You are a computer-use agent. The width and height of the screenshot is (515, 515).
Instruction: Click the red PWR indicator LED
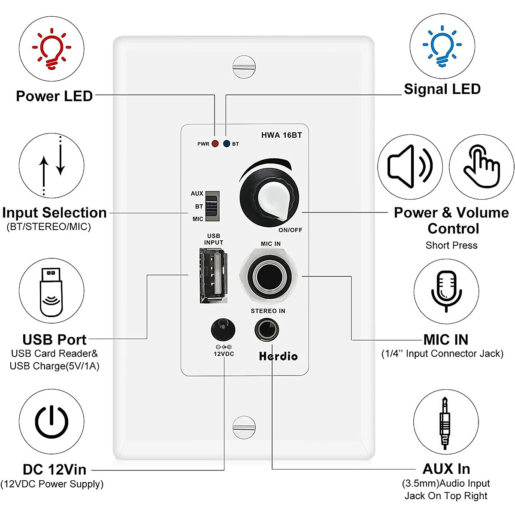coord(215,144)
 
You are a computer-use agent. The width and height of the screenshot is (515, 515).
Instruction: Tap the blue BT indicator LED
coord(227,144)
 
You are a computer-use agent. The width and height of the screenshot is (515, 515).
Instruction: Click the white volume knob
coord(269,197)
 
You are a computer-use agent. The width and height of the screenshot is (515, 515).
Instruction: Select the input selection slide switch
coord(212,206)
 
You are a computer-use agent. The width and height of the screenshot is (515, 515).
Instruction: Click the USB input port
coord(213,276)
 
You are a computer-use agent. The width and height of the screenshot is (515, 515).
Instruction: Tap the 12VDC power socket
coord(223,330)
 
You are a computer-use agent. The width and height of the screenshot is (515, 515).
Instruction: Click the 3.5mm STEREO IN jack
coord(267,330)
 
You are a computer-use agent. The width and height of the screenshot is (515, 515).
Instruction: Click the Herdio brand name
coord(278,356)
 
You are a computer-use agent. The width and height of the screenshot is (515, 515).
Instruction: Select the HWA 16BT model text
coord(282,135)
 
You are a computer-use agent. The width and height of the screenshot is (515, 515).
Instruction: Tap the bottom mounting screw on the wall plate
coord(244,427)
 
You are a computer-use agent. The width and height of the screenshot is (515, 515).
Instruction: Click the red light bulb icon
coord(51,48)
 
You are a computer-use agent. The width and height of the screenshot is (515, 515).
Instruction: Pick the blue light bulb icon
coord(442,46)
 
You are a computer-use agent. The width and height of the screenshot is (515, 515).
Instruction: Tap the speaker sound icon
coord(410,167)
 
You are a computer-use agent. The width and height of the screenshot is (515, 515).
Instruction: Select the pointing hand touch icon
coord(482,167)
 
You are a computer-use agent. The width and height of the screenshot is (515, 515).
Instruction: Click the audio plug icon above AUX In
coord(445,423)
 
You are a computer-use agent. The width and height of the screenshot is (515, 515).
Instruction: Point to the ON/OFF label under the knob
coord(290,230)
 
